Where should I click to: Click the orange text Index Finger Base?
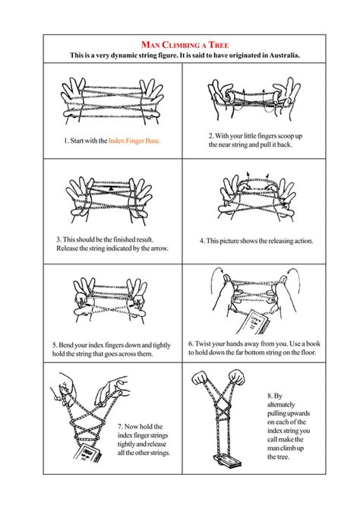[134, 141]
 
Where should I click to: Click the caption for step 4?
[256, 241]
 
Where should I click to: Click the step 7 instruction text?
[142, 441]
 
